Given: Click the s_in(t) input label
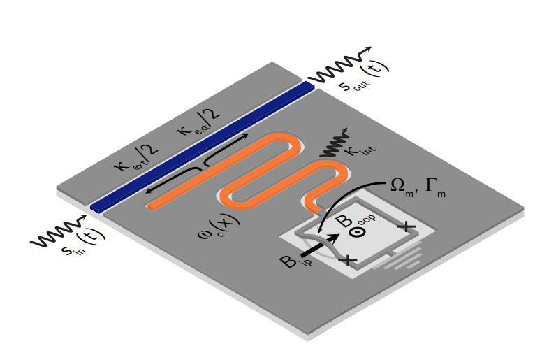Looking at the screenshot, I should click(x=80, y=247).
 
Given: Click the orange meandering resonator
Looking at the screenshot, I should click(x=265, y=175).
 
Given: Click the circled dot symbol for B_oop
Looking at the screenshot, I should click(x=357, y=236).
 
